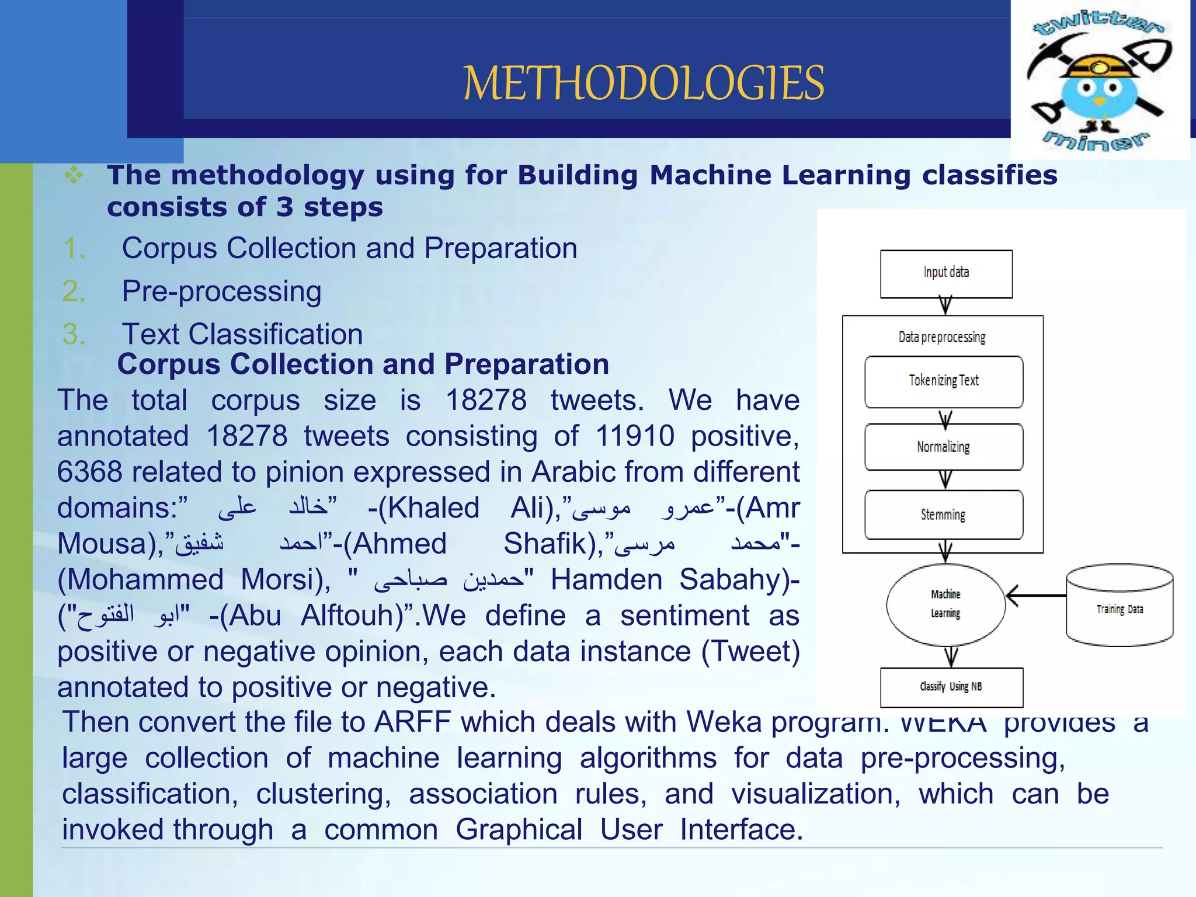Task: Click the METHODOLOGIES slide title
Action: click(x=644, y=83)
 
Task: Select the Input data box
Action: click(x=946, y=274)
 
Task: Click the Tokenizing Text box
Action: click(x=944, y=381)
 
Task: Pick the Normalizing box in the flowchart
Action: click(x=944, y=447)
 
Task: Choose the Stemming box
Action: click(x=944, y=514)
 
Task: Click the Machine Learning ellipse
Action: click(x=946, y=604)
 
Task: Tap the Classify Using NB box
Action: click(x=951, y=687)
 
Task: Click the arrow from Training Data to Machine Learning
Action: click(x=1036, y=596)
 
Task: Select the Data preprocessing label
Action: click(x=942, y=337)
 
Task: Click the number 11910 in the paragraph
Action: click(x=635, y=436)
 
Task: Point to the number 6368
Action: click(x=89, y=472)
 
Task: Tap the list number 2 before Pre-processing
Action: click(x=74, y=291)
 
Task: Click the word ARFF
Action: click(x=412, y=722)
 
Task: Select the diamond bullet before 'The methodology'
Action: click(x=74, y=175)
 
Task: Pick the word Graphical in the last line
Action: click(x=519, y=830)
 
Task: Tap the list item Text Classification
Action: click(x=242, y=334)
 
